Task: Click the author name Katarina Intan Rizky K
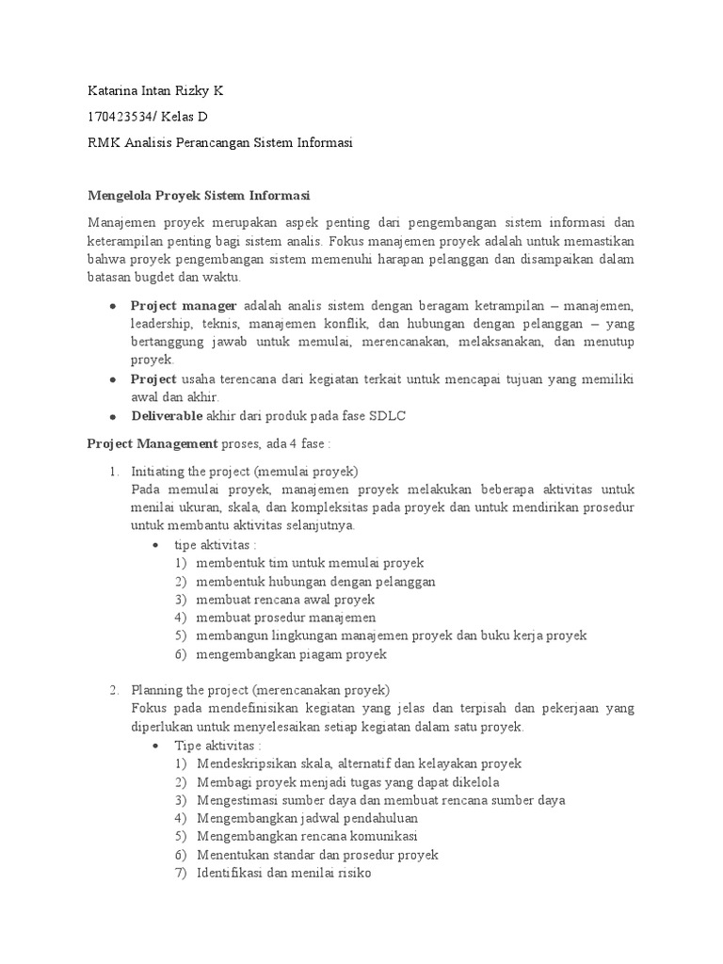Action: tap(154, 91)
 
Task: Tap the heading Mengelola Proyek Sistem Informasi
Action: tap(199, 196)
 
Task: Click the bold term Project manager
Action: tap(185, 306)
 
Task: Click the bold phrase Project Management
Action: tap(152, 443)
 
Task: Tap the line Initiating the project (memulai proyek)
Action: tap(245, 472)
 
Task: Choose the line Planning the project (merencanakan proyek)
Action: tap(260, 690)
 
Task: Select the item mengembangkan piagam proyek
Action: tap(292, 654)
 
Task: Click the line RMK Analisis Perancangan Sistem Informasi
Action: tap(219, 142)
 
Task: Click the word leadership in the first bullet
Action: tap(162, 325)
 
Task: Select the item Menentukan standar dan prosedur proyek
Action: tap(317, 855)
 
